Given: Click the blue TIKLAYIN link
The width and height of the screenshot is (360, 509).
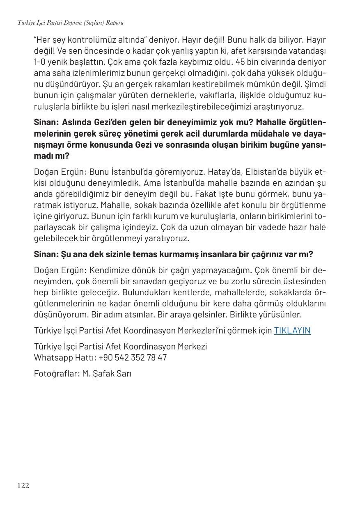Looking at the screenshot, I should pos(292,331).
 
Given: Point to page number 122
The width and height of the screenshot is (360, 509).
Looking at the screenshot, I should pos(23,486).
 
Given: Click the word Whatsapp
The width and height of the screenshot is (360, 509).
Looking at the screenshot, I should pos(52,358).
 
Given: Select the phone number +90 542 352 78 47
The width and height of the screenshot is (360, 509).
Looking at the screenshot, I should pos(133,358).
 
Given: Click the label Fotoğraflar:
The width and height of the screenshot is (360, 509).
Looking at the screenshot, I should pos(56,374).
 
